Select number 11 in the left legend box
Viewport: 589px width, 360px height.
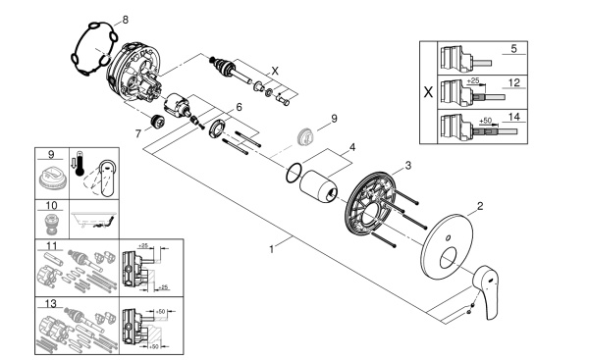(51, 244)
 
